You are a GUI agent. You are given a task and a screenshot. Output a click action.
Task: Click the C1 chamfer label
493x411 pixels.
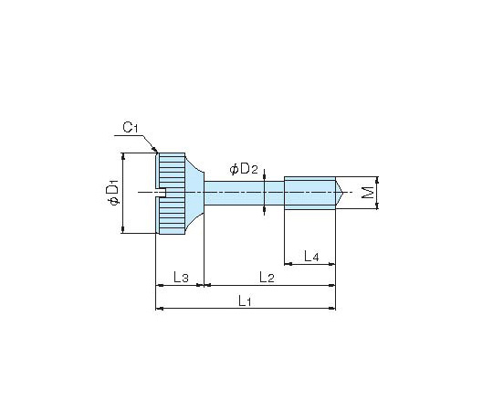coord(131,127)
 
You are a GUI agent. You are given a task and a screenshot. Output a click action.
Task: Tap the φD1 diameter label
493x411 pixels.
coord(113,191)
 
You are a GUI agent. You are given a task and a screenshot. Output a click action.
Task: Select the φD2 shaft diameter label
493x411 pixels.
coord(244,169)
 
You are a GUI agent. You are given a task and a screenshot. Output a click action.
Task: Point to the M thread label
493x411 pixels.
coord(367,193)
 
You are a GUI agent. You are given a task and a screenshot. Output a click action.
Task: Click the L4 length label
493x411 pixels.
coord(311,256)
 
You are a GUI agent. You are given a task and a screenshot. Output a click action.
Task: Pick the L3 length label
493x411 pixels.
coord(181,277)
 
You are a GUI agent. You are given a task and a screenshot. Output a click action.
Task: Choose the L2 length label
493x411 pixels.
coord(267,277)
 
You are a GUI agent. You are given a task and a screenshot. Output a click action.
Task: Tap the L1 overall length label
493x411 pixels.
coord(245,300)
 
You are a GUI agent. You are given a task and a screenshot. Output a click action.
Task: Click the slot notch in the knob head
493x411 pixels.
coord(161,193)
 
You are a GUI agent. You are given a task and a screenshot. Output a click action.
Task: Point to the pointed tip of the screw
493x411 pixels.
coord(341,193)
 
